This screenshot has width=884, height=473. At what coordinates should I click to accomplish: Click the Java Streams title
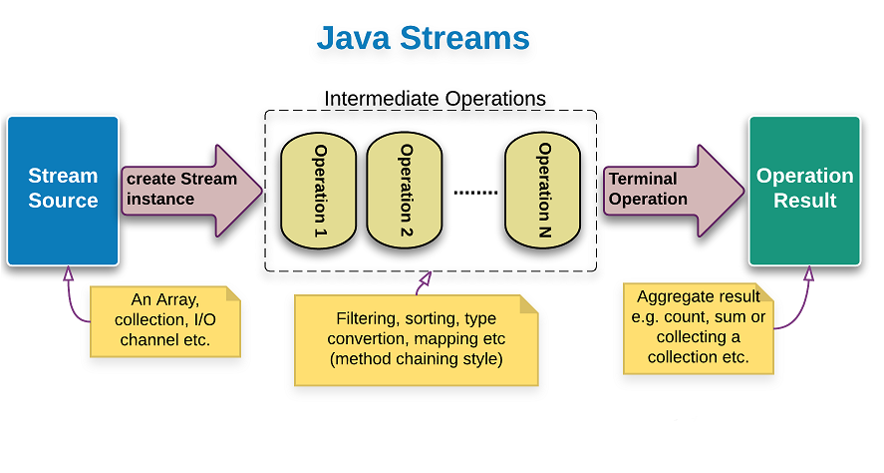pyautogui.click(x=423, y=39)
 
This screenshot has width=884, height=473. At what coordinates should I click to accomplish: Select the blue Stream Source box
pyautogui.click(x=63, y=191)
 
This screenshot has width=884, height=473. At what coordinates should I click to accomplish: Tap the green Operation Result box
pyautogui.click(x=805, y=191)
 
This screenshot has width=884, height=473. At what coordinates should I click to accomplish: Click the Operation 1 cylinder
pyautogui.click(x=319, y=191)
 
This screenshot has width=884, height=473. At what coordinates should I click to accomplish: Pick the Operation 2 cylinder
pyautogui.click(x=405, y=191)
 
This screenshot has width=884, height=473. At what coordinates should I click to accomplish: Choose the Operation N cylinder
pyautogui.click(x=543, y=191)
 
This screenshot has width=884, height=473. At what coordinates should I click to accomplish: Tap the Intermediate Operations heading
pyautogui.click(x=435, y=99)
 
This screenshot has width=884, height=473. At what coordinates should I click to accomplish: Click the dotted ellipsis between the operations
pyautogui.click(x=474, y=191)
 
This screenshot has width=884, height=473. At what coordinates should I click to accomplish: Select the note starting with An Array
pyautogui.click(x=164, y=320)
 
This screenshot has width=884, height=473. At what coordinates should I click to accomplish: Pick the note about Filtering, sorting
pyautogui.click(x=418, y=339)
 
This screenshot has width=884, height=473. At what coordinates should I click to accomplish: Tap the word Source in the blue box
pyautogui.click(x=63, y=201)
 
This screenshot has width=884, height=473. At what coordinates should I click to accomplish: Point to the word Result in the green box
pyautogui.click(x=805, y=201)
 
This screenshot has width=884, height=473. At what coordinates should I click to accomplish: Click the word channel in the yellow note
pyautogui.click(x=147, y=339)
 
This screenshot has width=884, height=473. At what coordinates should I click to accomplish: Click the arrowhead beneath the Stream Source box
pyautogui.click(x=69, y=272)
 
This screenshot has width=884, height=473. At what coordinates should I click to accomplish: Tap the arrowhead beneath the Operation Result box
pyautogui.click(x=808, y=272)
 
